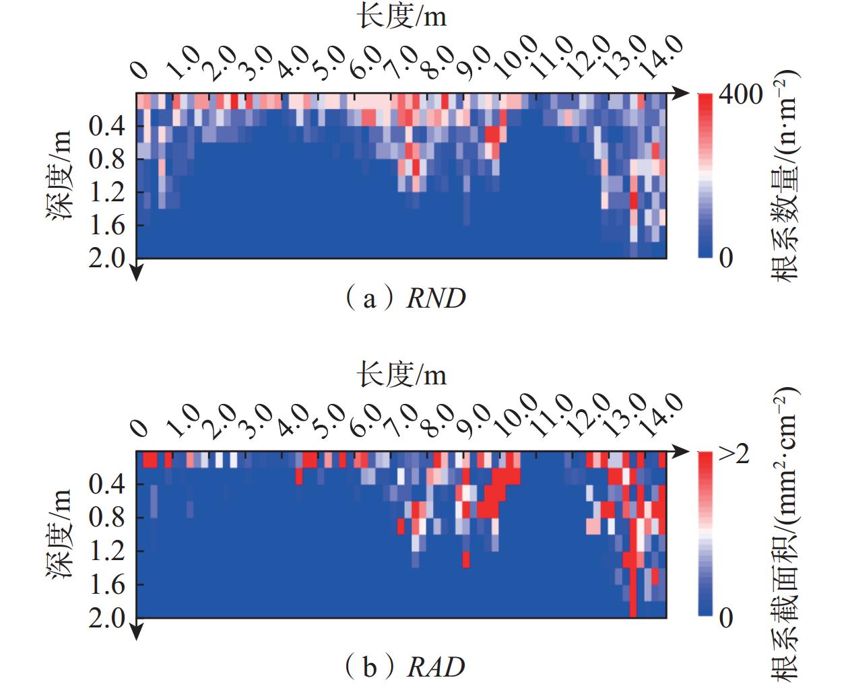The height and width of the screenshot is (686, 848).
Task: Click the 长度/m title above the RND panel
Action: pos(401,17)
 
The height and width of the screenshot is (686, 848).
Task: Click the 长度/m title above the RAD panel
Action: pos(401,375)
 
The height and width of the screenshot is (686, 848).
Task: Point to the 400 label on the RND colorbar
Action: pos(741,95)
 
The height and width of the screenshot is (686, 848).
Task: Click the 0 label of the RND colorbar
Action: pos(725,258)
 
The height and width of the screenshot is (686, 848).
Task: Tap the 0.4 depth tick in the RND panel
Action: pos(107,126)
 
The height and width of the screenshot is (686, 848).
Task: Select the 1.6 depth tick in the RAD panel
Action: pos(107,584)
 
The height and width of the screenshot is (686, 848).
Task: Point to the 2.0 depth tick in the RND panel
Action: pos(107,258)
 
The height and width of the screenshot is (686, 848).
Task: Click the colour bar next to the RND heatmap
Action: pos(705,175)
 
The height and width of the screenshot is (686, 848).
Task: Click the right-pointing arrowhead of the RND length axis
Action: pos(680,92)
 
